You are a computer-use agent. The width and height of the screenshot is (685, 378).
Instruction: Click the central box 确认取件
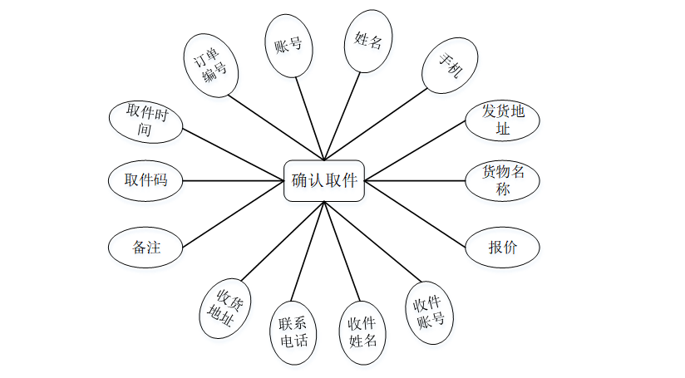323,180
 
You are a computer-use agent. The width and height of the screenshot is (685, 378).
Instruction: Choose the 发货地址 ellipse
502,120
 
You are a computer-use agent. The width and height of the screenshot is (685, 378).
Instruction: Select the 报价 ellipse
502,247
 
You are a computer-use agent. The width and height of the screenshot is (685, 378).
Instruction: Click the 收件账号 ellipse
429,312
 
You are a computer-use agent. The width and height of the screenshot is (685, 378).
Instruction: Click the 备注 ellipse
145,247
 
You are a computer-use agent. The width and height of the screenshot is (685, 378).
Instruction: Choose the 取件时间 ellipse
146,121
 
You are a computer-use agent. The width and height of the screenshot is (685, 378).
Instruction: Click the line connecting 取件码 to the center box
233,179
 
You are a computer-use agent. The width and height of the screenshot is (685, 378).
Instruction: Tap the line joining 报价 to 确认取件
416,212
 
